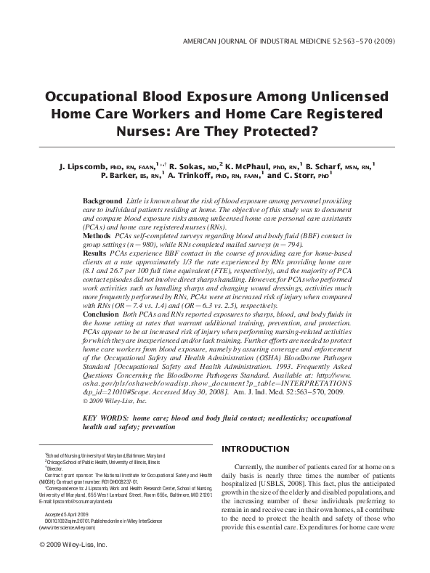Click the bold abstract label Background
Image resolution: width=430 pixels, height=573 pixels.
tap(102, 200)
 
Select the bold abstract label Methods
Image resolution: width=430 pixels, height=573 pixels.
tap(97, 237)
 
